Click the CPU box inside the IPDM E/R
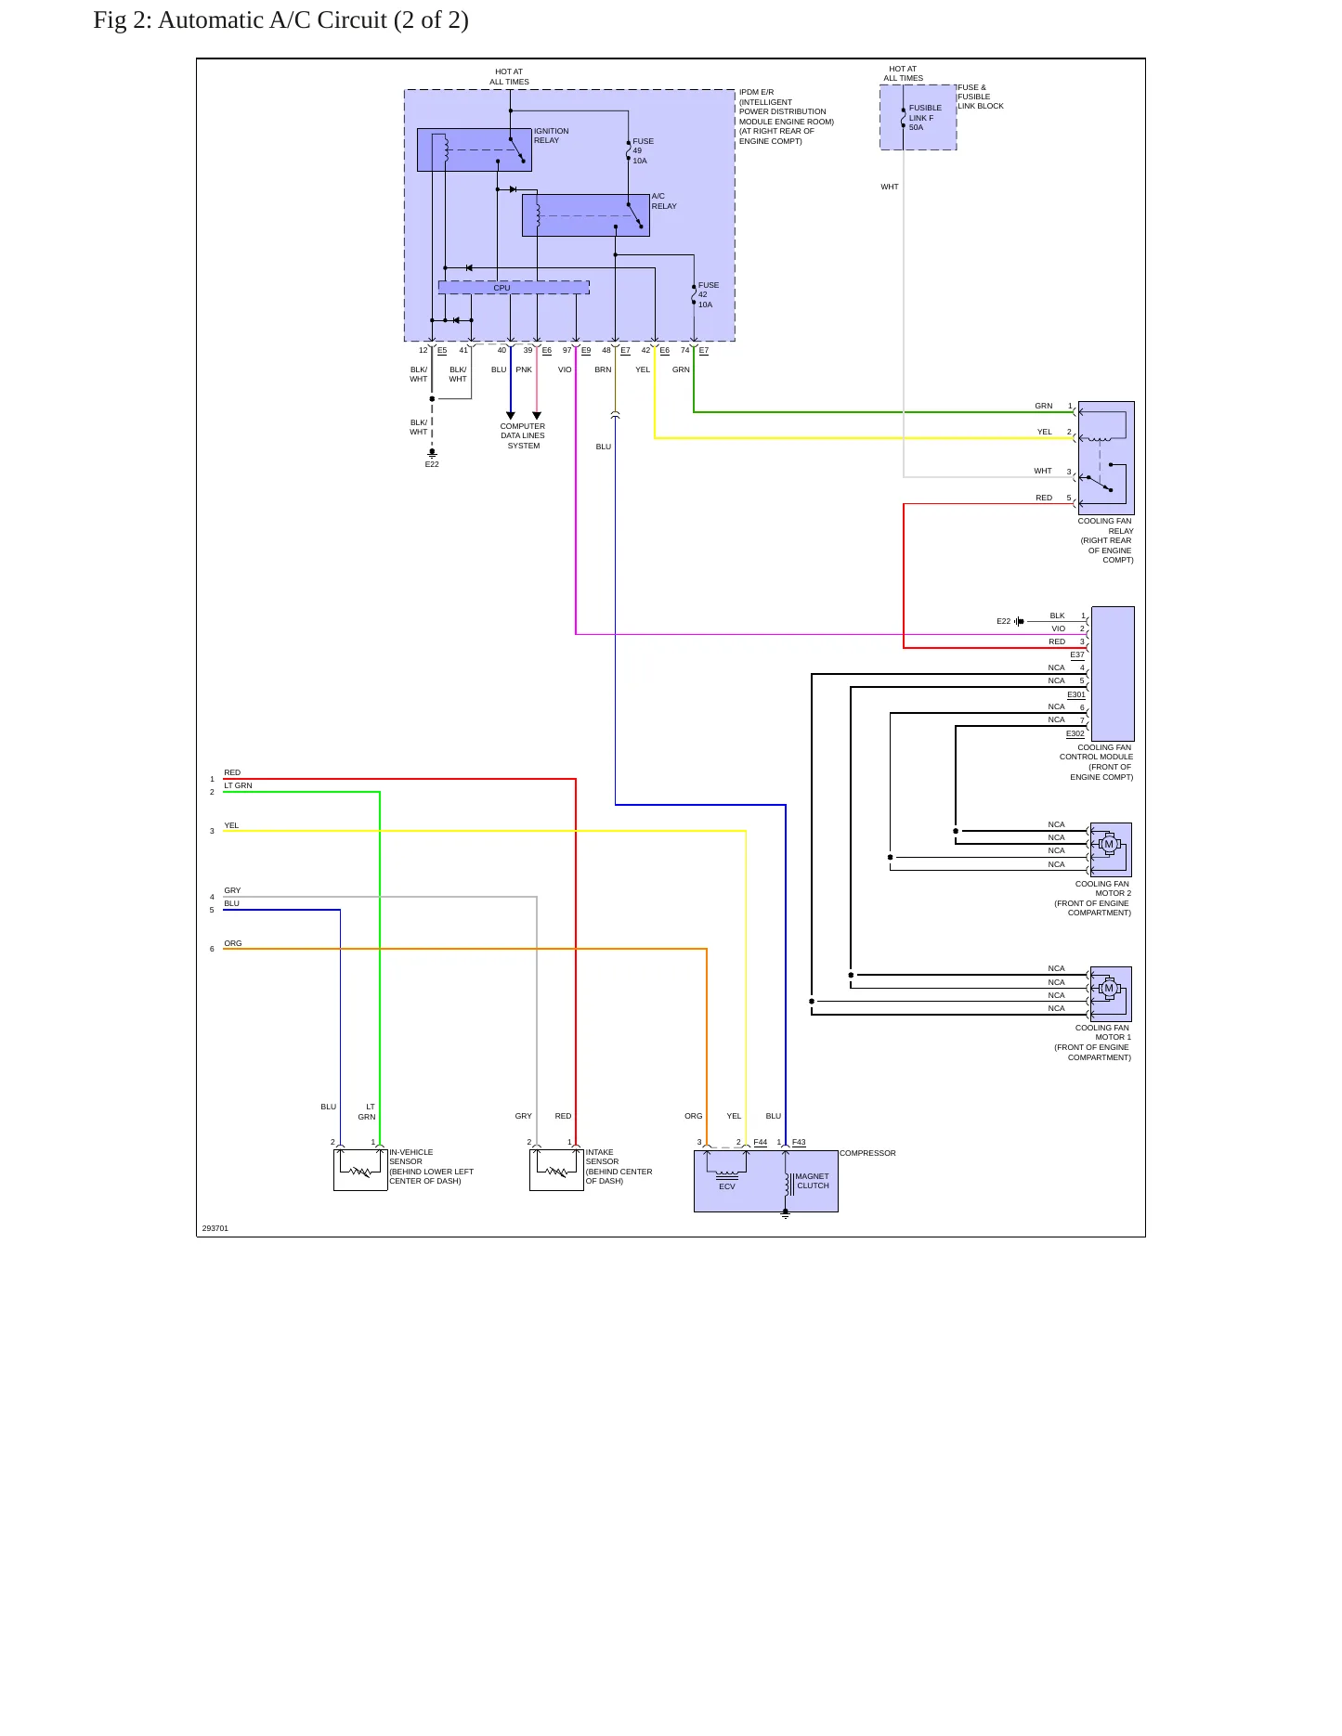point(513,288)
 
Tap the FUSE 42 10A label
point(709,295)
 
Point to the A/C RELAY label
point(664,201)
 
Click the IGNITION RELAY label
point(552,136)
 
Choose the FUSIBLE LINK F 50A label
point(925,118)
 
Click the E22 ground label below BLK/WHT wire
point(432,464)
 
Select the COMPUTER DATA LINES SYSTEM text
point(523,436)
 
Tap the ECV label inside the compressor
point(727,1186)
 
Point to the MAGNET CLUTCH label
point(813,1181)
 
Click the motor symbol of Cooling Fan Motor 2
point(1108,845)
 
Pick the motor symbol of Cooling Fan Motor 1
point(1108,989)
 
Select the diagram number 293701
point(215,1228)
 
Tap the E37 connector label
point(1077,654)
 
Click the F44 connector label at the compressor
point(761,1142)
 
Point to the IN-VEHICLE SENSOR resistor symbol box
point(360,1170)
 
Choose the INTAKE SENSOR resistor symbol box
point(556,1170)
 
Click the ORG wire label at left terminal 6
point(233,943)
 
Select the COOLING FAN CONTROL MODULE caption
point(1097,762)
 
